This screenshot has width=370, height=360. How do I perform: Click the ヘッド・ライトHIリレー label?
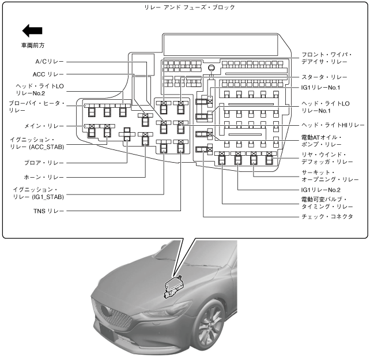pyautogui.click(x=333, y=125)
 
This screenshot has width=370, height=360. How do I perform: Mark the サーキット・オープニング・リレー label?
pyautogui.click(x=330, y=176)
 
